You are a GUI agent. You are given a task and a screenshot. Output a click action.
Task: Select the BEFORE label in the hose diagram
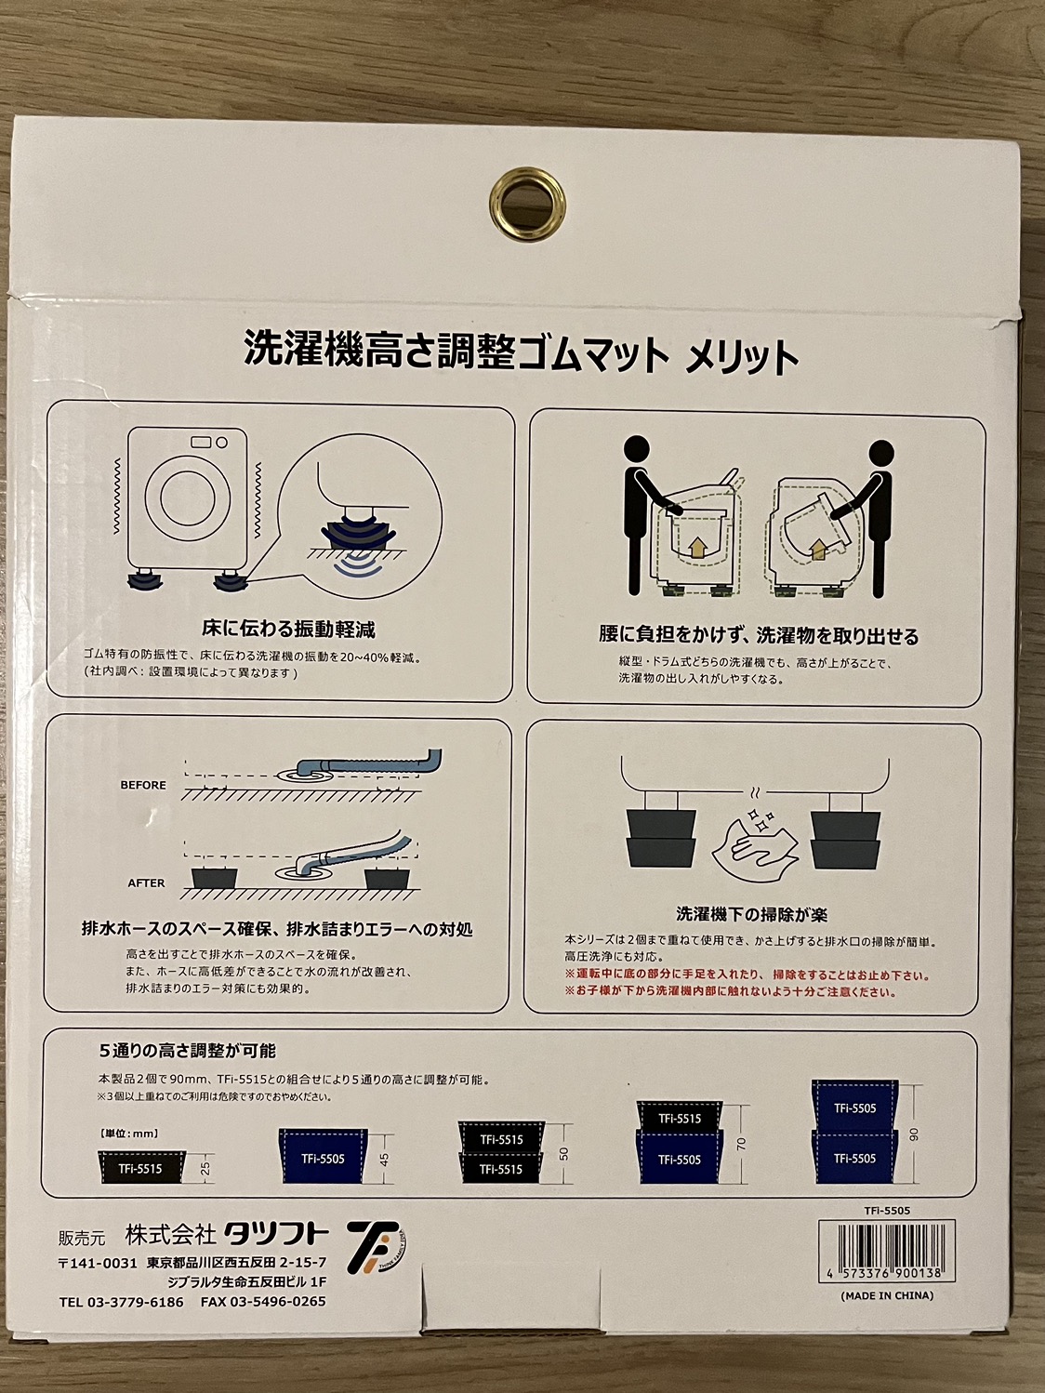coord(143,785)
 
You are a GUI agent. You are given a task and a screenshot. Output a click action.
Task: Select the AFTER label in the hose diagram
coord(146,882)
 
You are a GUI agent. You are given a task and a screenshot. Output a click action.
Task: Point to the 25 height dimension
coord(205,1168)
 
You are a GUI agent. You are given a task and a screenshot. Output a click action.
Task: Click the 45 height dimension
coord(384,1158)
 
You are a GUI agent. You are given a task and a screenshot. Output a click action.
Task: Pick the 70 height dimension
coord(742,1144)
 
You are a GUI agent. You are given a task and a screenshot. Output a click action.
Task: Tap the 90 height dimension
coord(914,1134)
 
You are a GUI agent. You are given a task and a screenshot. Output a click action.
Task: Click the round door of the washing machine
coord(188,497)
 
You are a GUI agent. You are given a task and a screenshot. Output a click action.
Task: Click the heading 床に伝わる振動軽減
coord(289,629)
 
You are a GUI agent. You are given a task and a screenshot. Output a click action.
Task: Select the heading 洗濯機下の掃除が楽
coord(752,914)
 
